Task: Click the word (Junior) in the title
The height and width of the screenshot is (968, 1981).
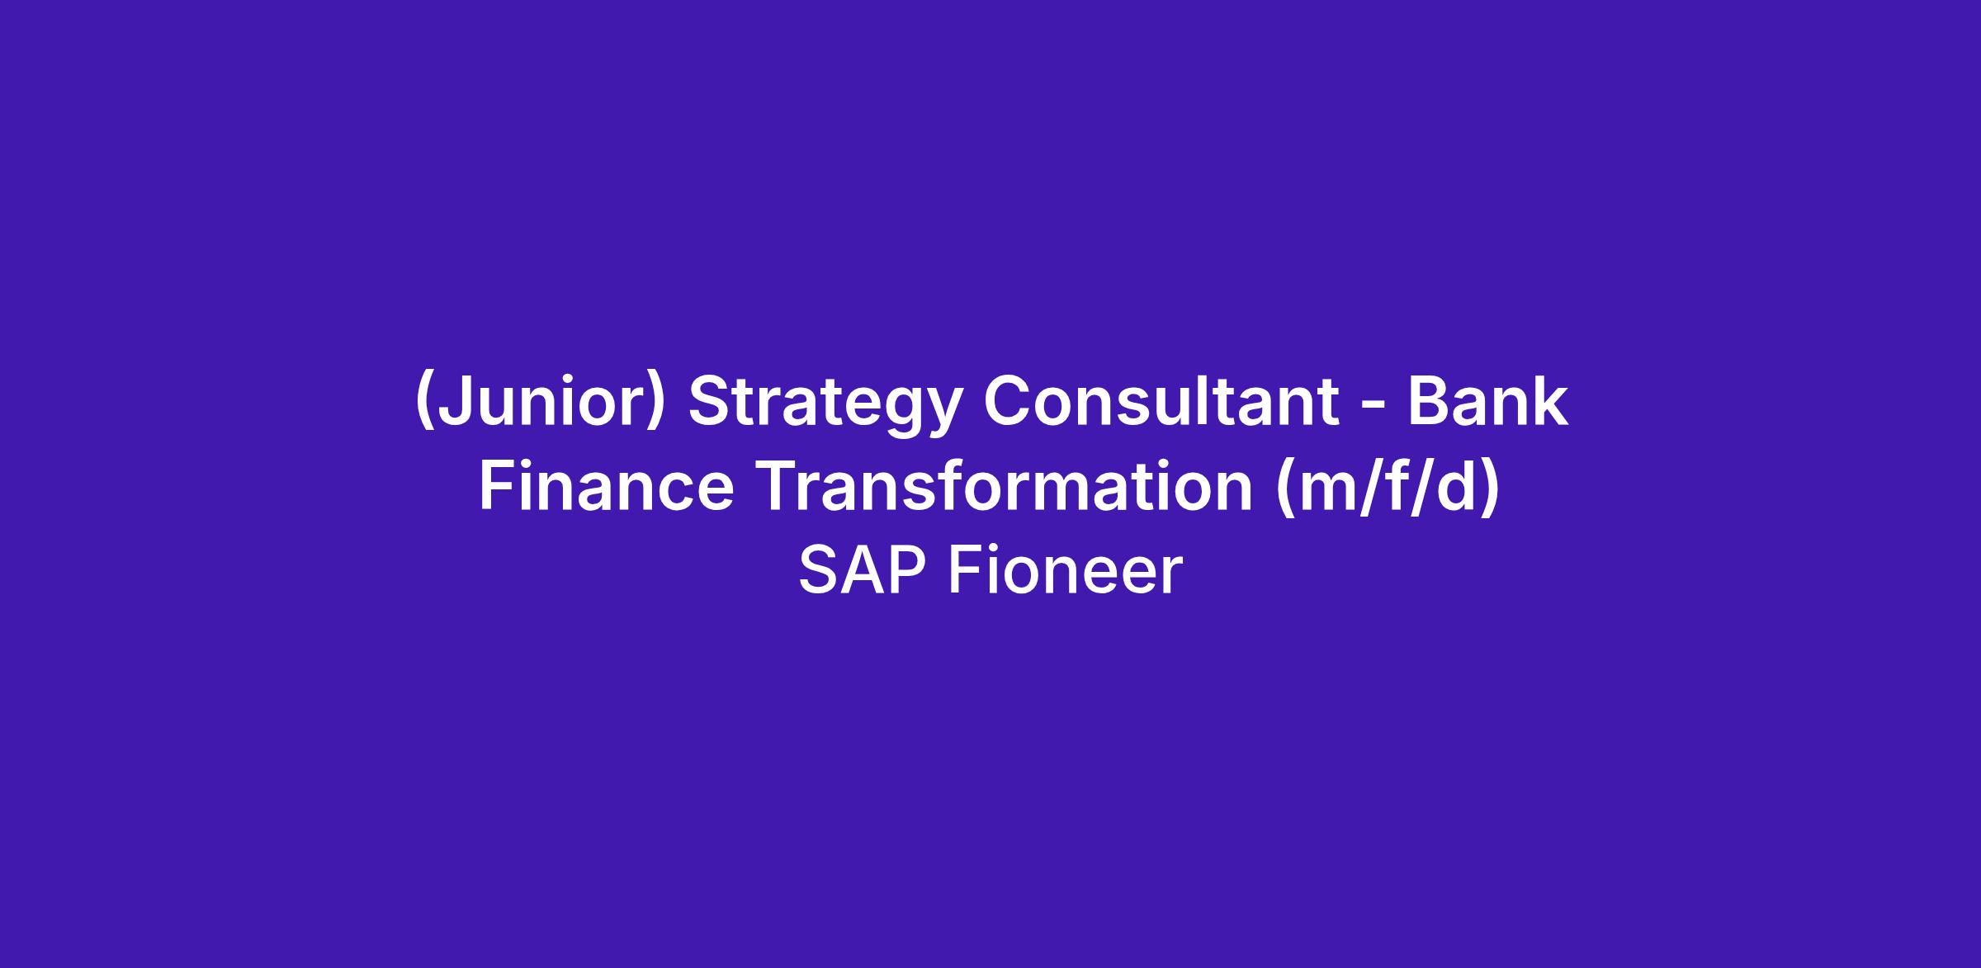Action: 539,403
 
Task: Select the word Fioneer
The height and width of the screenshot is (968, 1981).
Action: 1066,571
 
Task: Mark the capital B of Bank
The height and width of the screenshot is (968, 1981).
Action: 1429,401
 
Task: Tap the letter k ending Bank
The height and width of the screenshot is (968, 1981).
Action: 1547,400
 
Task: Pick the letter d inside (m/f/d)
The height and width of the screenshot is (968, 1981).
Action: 1459,485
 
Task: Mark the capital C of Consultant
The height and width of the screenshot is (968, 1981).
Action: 1009,401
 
